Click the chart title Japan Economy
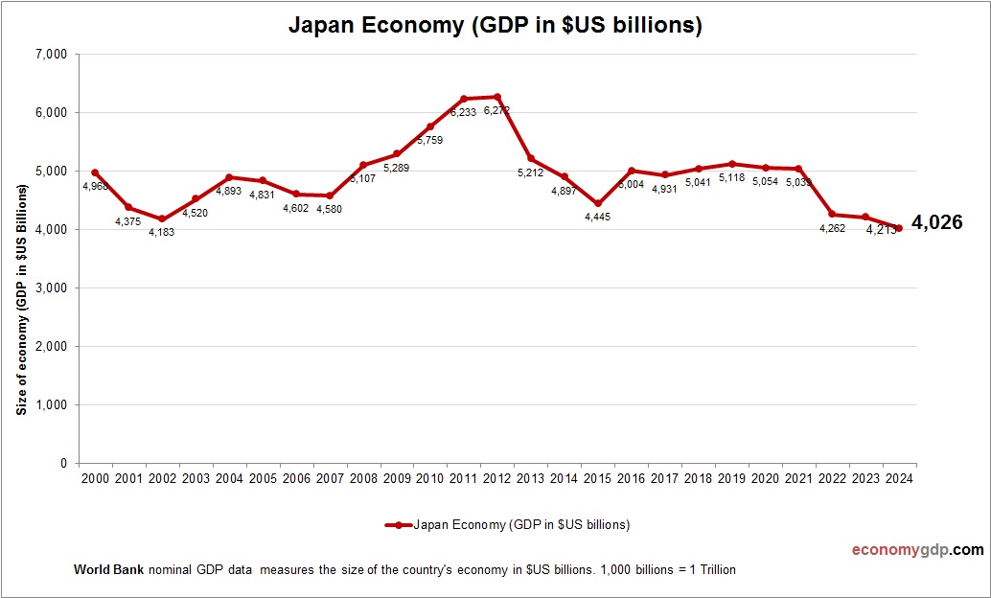click(x=495, y=26)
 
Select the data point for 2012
click(x=496, y=97)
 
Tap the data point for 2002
click(x=162, y=219)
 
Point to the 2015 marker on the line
click(x=597, y=203)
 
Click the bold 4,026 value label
click(x=936, y=222)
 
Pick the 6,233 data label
click(x=464, y=111)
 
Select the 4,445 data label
click(x=596, y=217)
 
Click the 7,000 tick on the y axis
click(x=50, y=55)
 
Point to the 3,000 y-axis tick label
click(x=50, y=287)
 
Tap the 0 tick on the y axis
click(x=62, y=463)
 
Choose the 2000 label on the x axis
click(x=95, y=478)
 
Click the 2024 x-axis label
click(x=898, y=478)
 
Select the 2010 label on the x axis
click(x=429, y=478)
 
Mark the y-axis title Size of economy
click(x=20, y=298)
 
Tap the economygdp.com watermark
click(x=917, y=550)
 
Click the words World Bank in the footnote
click(x=108, y=569)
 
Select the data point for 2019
click(x=731, y=164)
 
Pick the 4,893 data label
click(x=229, y=190)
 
